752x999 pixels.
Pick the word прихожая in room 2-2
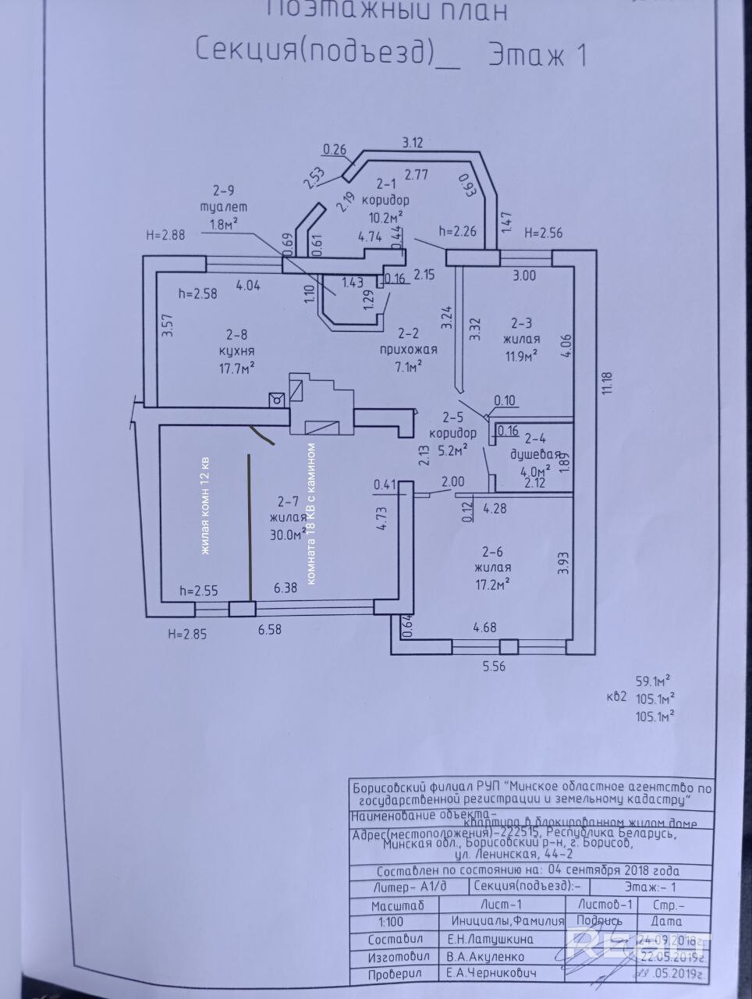407,349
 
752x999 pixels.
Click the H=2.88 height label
165,233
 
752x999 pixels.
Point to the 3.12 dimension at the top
413,142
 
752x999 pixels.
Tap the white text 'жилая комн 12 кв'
206,506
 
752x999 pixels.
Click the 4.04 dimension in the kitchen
247,285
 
